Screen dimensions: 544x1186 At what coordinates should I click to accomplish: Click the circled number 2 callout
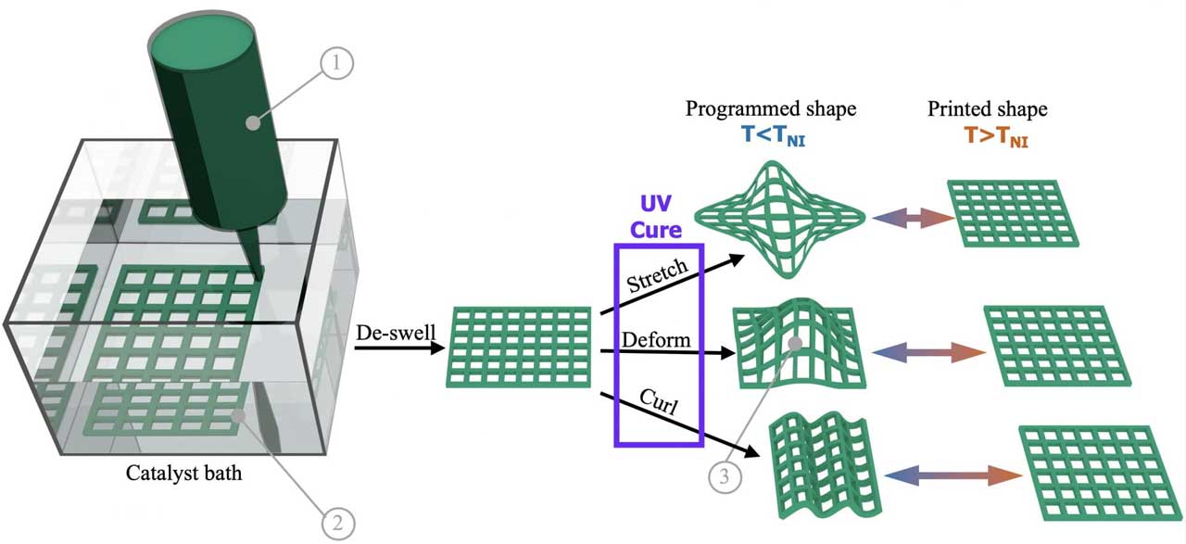(x=337, y=523)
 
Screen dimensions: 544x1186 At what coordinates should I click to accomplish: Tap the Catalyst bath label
(x=183, y=474)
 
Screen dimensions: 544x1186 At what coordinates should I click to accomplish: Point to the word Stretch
(x=658, y=274)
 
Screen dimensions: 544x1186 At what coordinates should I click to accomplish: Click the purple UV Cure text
(x=660, y=215)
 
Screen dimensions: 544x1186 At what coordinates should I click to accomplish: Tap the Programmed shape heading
(x=771, y=109)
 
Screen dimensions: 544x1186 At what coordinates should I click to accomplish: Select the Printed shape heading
(x=988, y=109)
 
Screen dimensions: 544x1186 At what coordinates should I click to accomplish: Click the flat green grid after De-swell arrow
(x=521, y=347)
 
